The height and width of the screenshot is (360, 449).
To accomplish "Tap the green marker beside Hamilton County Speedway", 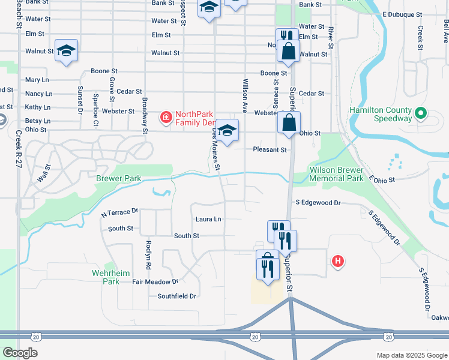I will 421,112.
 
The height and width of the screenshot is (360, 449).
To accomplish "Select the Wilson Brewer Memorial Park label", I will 336,174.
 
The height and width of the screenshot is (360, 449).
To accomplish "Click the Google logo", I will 20,352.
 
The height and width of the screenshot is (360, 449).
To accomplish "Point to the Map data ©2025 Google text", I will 411,355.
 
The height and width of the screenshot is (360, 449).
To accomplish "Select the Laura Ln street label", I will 208,220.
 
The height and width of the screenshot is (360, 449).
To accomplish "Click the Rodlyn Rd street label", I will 148,254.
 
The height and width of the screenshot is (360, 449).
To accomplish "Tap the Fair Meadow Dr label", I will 155,281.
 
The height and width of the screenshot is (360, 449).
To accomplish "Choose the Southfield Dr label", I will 176,296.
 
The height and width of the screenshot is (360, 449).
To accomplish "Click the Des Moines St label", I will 216,151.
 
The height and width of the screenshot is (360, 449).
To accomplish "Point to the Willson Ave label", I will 245,95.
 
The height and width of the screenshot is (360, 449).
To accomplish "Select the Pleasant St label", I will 270,149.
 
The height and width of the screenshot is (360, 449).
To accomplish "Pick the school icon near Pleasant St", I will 228,131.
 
